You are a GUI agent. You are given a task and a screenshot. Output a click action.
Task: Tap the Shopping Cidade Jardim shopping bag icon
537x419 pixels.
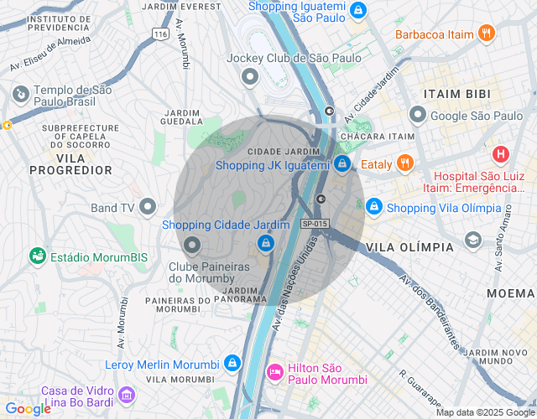point(265,243)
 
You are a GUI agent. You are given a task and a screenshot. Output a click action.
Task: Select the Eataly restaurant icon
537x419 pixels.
point(405,163)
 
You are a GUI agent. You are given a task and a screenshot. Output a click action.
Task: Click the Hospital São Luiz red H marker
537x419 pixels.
point(501,154)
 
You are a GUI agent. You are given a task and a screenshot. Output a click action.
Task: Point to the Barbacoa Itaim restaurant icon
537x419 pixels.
point(486,34)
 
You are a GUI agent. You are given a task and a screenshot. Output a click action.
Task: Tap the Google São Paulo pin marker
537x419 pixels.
point(417,114)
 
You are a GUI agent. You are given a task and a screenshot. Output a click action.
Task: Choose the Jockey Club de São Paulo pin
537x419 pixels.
point(249,79)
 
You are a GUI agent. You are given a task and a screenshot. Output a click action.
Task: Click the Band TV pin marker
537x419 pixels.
point(149,205)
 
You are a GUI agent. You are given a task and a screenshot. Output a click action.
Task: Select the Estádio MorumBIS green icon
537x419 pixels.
point(37,255)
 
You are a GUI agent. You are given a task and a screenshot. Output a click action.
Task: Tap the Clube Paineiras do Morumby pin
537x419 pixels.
point(192,246)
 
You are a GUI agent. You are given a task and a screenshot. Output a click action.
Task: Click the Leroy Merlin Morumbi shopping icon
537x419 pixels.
point(232,364)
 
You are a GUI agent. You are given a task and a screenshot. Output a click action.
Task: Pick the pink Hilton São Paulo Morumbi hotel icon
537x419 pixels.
point(274,370)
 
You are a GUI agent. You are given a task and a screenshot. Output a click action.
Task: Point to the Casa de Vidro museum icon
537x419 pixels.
point(126,393)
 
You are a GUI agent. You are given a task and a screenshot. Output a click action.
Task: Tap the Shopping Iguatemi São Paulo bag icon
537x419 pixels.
point(358,10)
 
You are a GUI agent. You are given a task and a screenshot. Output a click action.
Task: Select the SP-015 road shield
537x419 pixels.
point(315,224)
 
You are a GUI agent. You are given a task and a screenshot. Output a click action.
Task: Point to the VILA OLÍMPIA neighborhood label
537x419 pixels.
point(409,247)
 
